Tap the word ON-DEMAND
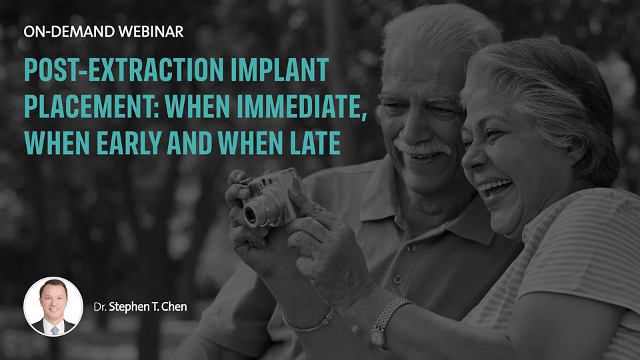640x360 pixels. click(x=69, y=31)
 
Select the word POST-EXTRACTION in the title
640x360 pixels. click(x=124, y=69)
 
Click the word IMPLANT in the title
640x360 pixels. click(x=279, y=69)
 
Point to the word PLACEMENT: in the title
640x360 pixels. click(x=91, y=106)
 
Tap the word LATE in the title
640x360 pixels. click(x=315, y=143)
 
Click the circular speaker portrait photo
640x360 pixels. click(x=53, y=307)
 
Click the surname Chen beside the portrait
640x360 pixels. click(x=174, y=307)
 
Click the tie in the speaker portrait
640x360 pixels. click(x=54, y=330)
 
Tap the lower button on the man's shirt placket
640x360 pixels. click(x=397, y=279)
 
